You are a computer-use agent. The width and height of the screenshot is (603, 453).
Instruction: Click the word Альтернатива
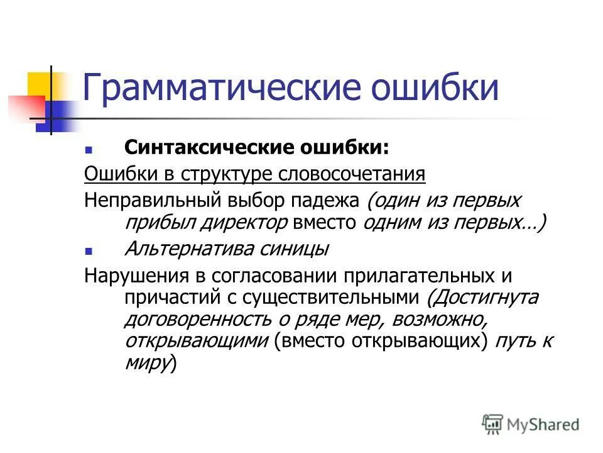(x=186, y=249)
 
